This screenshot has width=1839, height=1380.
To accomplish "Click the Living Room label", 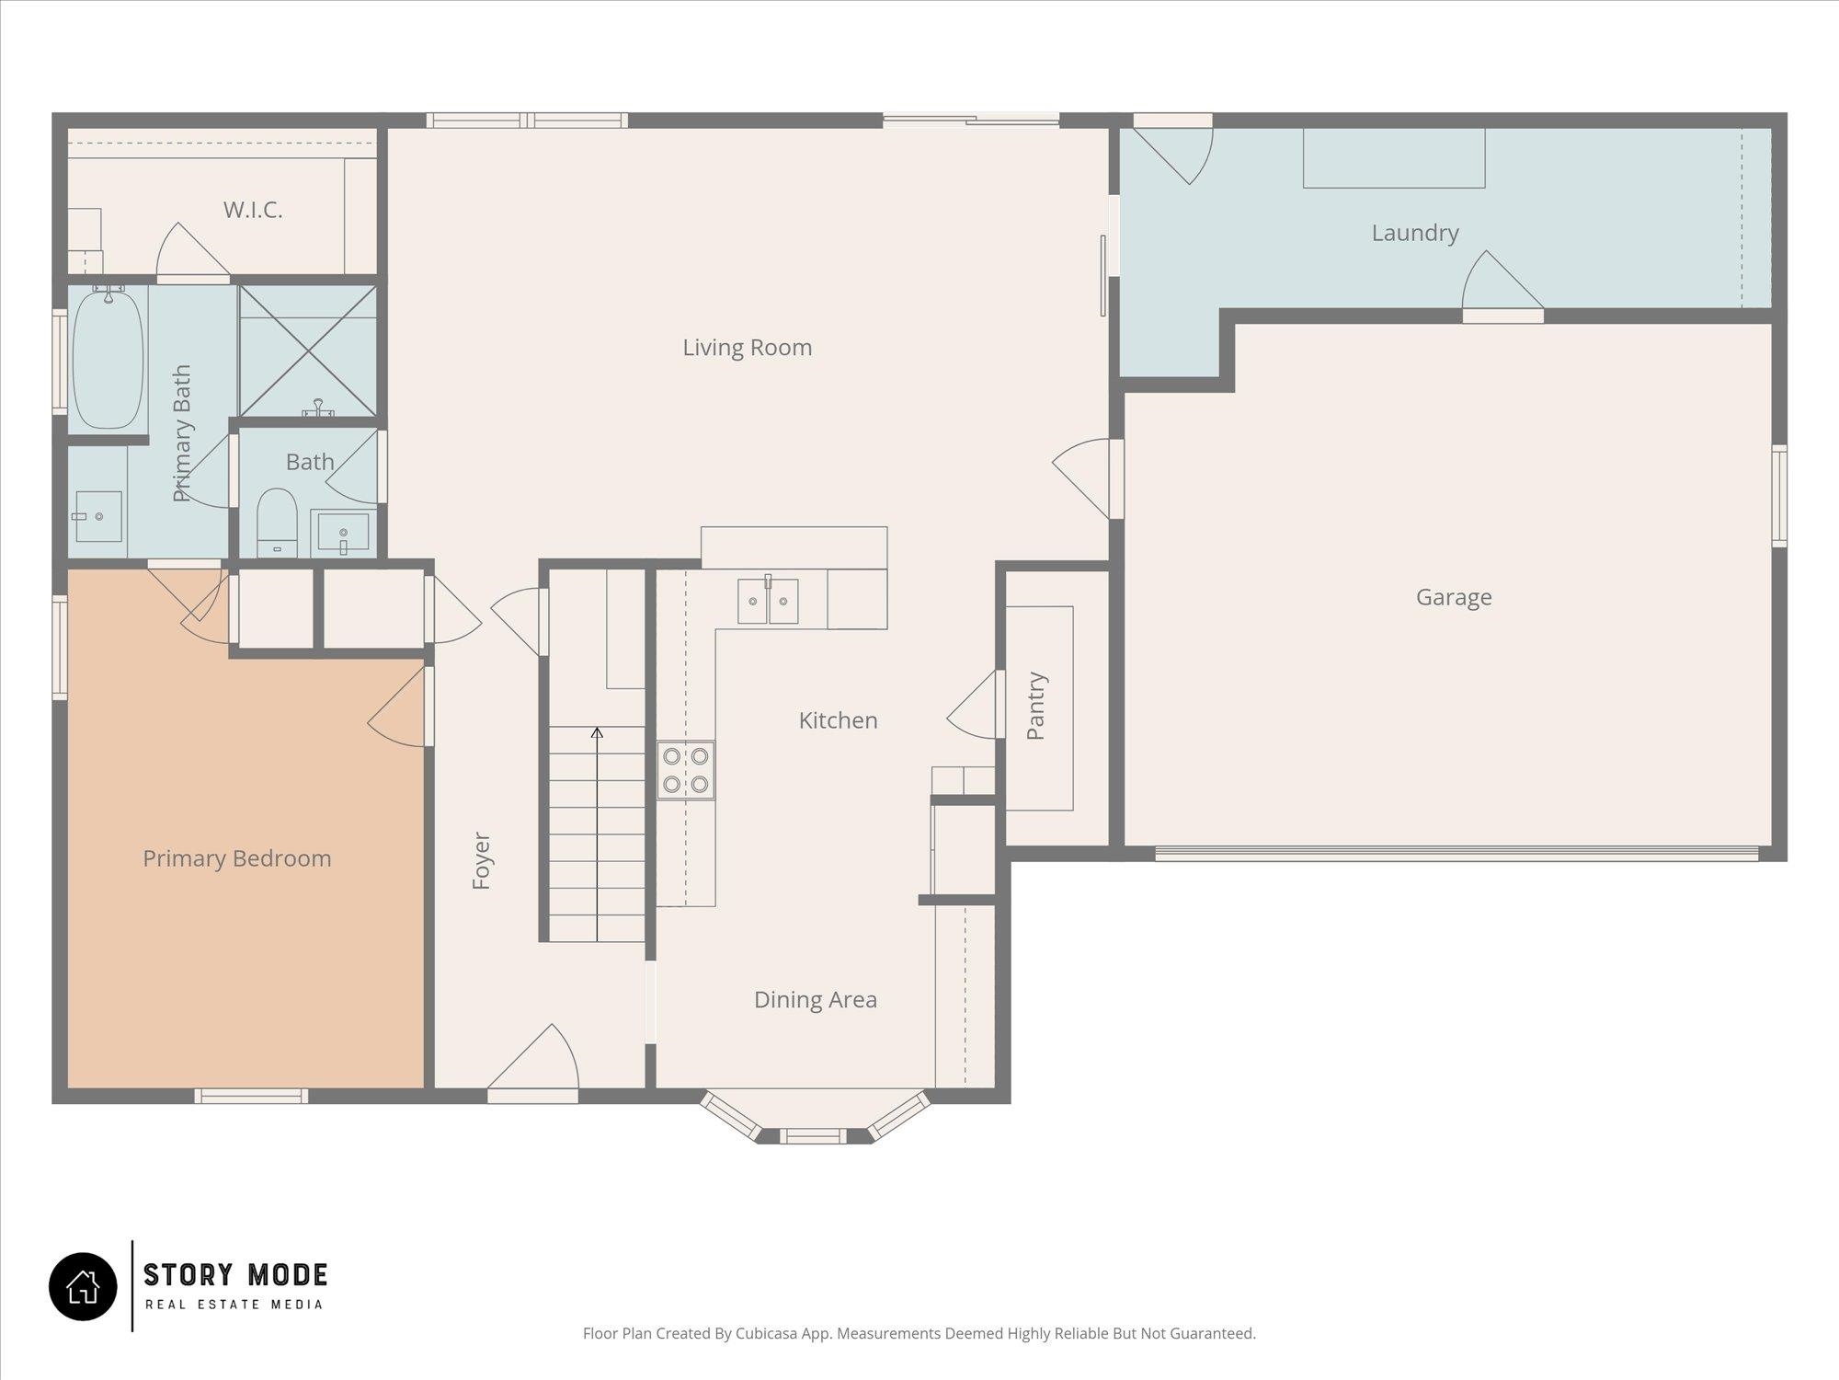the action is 747,348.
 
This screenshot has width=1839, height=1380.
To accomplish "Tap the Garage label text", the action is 1454,598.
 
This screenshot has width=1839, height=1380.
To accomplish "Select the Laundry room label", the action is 1415,234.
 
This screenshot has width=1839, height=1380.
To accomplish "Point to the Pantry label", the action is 1036,706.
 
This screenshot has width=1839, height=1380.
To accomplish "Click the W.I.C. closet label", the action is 253,210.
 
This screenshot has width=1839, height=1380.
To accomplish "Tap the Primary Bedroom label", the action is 237,859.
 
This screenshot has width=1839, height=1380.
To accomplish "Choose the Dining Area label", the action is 816,1000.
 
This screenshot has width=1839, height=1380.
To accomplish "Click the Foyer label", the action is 481,861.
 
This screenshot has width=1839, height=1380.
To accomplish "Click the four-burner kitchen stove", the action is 686,770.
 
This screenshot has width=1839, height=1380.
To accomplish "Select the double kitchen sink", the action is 768,601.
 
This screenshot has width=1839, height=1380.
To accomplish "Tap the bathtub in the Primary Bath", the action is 109,359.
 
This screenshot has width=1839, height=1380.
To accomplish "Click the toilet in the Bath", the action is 277,523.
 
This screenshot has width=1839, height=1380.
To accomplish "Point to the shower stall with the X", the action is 308,351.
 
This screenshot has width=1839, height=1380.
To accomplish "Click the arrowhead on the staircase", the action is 597,732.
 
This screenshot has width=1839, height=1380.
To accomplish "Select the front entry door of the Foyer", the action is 533,1063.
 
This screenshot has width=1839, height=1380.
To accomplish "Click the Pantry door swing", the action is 972,705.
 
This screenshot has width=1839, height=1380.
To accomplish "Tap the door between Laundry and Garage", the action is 1502,286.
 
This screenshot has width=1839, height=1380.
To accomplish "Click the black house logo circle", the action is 83,1286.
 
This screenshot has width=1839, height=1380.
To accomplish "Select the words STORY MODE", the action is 235,1275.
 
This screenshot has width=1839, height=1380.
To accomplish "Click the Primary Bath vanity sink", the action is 97,516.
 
